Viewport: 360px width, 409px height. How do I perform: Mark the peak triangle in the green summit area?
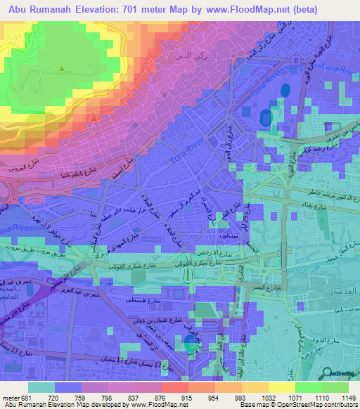62,68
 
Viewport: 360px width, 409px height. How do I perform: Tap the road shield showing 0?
297,61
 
